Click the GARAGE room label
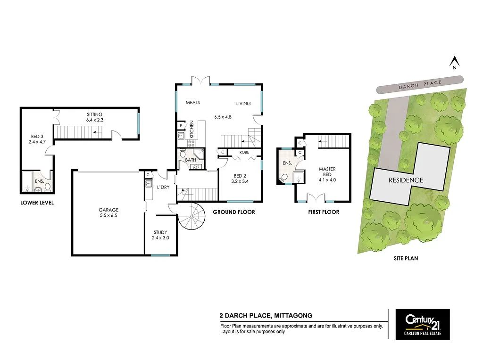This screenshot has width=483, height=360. pos(108,210)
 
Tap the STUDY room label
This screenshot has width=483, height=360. pos(160,232)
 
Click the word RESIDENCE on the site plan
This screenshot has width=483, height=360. pos(406,180)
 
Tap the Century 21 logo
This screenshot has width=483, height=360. pos(422,324)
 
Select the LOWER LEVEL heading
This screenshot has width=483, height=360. pos(37,203)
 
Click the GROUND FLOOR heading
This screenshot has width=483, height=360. pos(234,212)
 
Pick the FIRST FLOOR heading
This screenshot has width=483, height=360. pos(324,212)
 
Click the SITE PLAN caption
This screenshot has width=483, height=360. pos(406,258)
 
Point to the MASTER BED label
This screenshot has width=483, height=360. pos(327,172)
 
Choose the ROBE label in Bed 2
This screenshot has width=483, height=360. pos(244,153)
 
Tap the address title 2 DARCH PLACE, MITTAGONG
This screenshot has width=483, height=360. pos(266,316)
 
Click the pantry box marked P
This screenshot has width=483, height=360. pos(181,126)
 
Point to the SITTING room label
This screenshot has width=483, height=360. pos(94,115)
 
